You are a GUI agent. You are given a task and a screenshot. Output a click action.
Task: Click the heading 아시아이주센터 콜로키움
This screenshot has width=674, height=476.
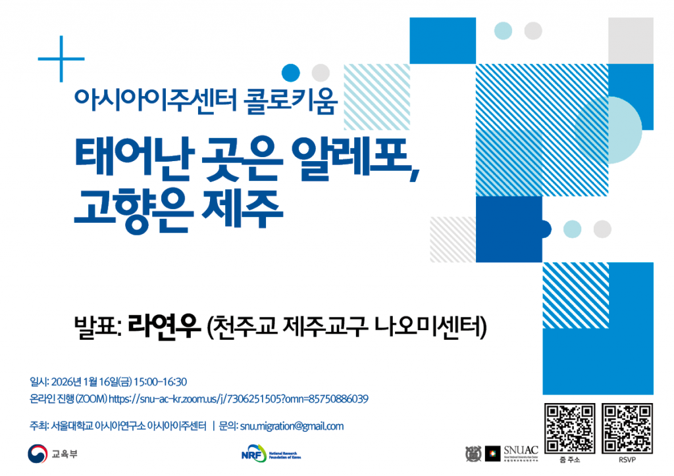(x=206, y=101)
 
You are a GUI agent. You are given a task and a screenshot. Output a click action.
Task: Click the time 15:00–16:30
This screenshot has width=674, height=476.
(x=161, y=382)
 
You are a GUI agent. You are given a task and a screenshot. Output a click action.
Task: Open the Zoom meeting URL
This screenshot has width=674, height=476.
(x=238, y=399)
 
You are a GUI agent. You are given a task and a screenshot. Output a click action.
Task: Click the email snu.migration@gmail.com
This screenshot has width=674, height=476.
(x=292, y=426)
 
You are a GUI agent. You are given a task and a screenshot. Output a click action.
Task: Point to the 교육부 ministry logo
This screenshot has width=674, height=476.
(x=52, y=454)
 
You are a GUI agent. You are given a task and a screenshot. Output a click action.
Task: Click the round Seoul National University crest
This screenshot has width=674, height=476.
(x=473, y=453)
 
